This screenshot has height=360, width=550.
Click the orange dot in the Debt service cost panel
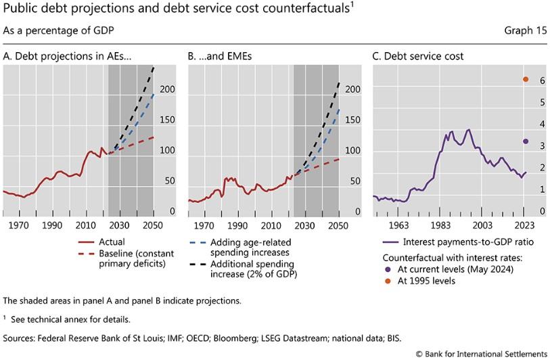point(526,79)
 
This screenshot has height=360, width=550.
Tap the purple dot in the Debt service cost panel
point(526,141)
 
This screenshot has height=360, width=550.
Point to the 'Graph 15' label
point(526,30)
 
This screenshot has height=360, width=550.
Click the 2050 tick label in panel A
point(153,225)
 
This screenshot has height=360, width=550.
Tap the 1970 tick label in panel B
point(204,225)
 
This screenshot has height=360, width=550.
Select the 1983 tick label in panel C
point(440,225)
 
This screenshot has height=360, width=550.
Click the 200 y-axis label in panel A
point(167,89)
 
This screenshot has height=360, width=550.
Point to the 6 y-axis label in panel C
point(543,81)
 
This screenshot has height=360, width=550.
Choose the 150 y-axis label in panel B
point(353,120)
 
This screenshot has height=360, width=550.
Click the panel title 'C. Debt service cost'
point(418,56)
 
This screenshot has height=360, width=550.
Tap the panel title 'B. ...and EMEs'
point(220,56)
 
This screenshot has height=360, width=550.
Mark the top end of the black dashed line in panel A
point(154,67)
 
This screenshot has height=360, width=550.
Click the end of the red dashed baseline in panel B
point(339,159)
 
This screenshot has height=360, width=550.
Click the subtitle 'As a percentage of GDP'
point(59,30)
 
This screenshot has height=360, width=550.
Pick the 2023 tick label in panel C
point(524,225)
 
